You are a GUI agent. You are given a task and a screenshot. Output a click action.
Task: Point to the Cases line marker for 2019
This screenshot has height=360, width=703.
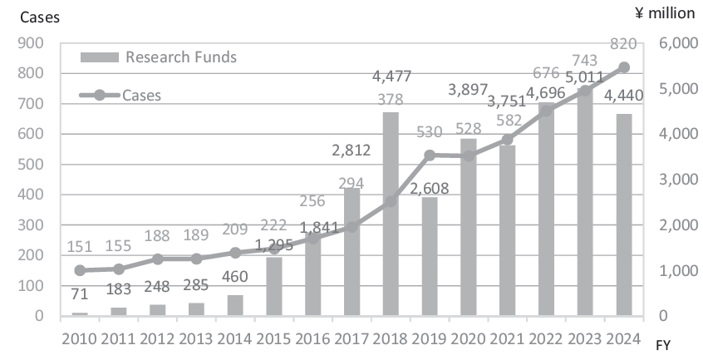pos(430,155)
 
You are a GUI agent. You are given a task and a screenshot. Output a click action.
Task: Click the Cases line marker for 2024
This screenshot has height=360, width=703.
pos(624,67)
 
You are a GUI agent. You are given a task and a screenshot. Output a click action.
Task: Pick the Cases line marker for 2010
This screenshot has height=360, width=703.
pos(80,270)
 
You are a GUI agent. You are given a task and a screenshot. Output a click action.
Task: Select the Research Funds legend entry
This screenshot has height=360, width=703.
pos(159,57)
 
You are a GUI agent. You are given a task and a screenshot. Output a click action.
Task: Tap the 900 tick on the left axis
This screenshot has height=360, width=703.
pos(29,43)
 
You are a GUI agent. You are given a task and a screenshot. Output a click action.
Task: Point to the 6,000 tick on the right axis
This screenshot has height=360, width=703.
pos(675,43)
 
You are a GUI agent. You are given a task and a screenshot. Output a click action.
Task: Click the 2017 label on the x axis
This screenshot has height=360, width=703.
pos(352,339)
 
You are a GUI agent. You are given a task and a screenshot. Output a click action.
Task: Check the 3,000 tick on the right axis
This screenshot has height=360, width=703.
pos(675,180)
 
